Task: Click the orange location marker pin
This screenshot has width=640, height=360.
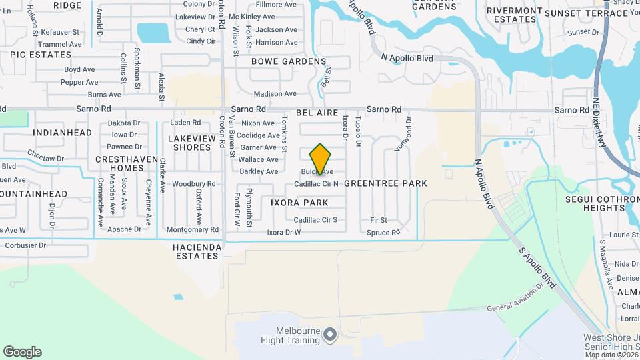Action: pos(321,159)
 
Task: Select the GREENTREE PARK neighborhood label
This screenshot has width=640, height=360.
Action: pos(386,183)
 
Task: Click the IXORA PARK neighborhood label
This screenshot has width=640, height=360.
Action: pos(299,202)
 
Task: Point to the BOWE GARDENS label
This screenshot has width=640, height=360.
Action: pos(288,61)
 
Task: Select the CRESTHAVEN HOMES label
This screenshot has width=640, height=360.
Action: pos(127,163)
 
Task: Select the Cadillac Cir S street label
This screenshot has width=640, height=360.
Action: pos(315,219)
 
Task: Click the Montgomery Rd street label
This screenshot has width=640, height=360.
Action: pos(192,229)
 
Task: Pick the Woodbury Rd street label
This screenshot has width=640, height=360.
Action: pos(193,183)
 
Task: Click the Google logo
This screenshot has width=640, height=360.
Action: pos(22,352)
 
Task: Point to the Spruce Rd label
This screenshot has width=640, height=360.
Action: pos(383,233)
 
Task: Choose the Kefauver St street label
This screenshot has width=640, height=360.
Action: pos(60,31)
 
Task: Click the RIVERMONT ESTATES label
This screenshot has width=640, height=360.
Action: pos(511,15)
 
